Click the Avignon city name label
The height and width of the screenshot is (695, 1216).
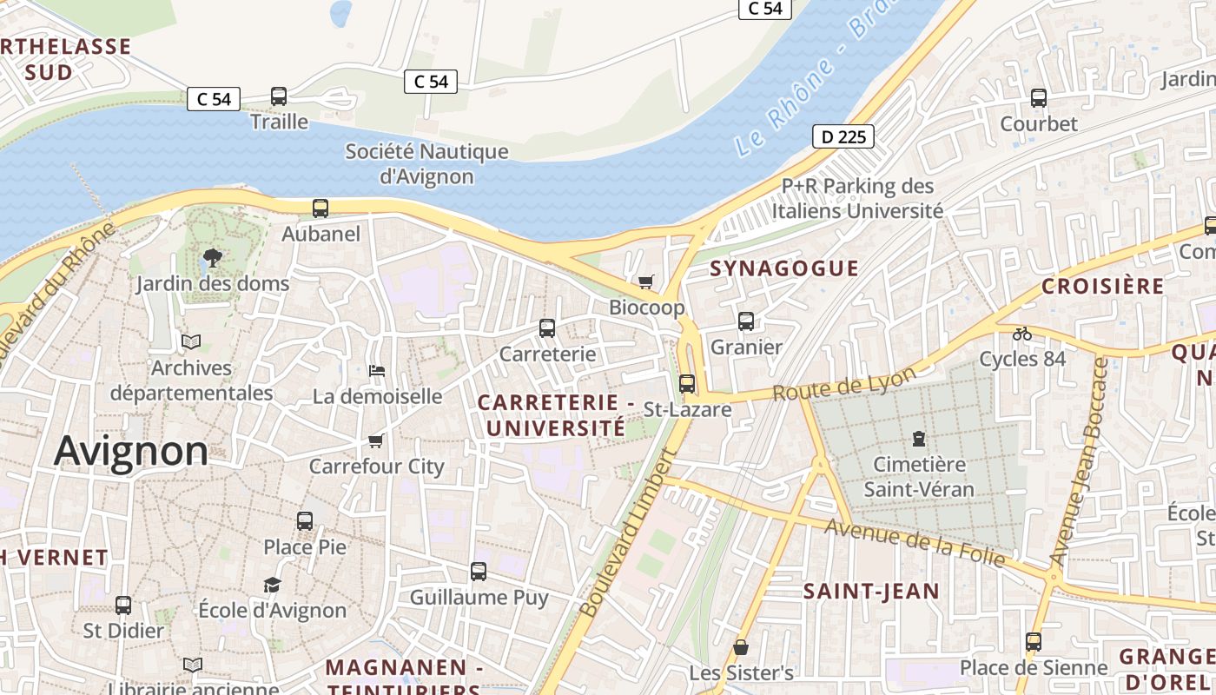(131, 451)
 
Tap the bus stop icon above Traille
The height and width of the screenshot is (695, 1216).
(279, 96)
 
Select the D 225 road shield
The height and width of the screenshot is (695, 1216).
(843, 136)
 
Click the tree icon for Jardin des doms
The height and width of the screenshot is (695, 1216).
(212, 257)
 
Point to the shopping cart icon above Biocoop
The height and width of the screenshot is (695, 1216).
(645, 281)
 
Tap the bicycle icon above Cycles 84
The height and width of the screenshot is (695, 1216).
(1022, 334)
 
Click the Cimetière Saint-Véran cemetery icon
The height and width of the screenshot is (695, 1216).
(919, 438)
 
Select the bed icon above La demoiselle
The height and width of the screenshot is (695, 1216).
(376, 371)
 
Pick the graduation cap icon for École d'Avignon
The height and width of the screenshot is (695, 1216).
(273, 585)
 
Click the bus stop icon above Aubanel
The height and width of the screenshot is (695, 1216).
(321, 208)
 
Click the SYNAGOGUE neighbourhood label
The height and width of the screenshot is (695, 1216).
(784, 268)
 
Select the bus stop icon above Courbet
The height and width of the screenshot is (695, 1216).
(1039, 98)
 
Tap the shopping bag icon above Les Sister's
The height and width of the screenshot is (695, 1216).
(741, 647)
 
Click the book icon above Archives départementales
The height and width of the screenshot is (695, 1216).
(191, 342)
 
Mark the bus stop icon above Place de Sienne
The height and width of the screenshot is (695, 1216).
(1034, 642)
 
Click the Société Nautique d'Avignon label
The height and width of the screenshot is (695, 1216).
(426, 163)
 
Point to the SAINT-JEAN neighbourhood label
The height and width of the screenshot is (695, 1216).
(871, 592)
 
